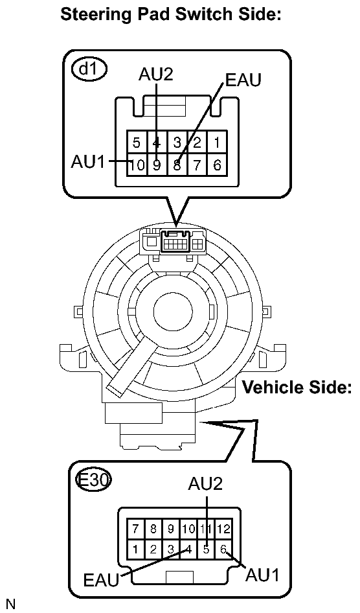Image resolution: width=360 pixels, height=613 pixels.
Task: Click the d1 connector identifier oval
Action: tap(90, 69)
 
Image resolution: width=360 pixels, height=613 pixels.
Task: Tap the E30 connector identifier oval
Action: tap(93, 480)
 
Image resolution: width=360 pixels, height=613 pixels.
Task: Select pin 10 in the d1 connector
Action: tap(137, 164)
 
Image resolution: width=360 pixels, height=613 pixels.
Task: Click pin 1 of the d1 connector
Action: tap(217, 143)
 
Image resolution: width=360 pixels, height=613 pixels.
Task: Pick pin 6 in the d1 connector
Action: tap(217, 164)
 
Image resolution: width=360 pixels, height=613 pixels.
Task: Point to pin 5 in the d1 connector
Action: tap(136, 143)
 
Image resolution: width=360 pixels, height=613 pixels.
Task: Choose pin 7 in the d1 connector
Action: tap(197, 164)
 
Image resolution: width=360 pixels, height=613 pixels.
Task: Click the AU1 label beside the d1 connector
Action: tap(88, 161)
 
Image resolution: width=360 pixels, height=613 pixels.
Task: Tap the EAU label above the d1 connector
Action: tap(243, 80)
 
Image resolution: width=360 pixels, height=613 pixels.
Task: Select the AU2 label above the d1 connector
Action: tap(155, 75)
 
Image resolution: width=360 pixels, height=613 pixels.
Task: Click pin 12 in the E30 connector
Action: tap(224, 529)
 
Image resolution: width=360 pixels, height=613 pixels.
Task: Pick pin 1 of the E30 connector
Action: tap(135, 549)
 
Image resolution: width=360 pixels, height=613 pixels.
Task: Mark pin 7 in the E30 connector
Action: tap(135, 529)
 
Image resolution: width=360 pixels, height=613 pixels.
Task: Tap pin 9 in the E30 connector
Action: tap(171, 529)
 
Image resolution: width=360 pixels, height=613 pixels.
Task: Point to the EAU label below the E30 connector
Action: tap(101, 580)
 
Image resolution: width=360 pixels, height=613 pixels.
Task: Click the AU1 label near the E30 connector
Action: tap(263, 575)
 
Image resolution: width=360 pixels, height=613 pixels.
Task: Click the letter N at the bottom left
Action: tap(10, 604)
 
